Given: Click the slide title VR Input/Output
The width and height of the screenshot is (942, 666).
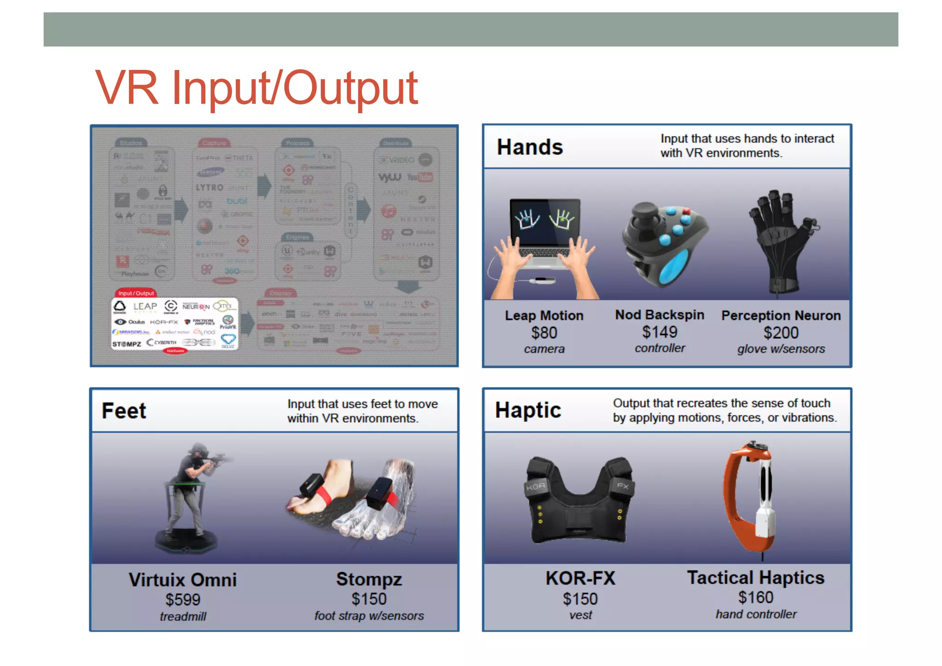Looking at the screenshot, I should (x=256, y=87).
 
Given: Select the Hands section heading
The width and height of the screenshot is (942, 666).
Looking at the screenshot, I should (x=529, y=147).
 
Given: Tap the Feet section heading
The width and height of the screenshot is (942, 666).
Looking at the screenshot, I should (x=124, y=411).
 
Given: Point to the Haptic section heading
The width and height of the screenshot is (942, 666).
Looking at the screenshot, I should (x=528, y=410).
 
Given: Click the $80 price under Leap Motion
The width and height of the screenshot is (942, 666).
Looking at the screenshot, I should (x=544, y=333).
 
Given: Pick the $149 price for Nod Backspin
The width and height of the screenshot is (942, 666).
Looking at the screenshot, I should (x=660, y=332).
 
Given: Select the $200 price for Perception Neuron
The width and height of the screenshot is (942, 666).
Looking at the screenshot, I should (x=781, y=333).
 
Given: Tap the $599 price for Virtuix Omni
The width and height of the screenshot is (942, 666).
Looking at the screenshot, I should (x=183, y=600).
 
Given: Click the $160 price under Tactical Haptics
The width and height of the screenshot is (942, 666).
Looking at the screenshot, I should (x=756, y=597).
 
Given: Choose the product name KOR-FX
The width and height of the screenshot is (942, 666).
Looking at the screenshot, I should (x=580, y=578).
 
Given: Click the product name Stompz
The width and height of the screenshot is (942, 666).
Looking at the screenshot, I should (x=369, y=579).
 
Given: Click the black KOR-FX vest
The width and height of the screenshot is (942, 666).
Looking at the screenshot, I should (x=580, y=502).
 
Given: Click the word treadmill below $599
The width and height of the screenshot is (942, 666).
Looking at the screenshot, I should (x=183, y=616).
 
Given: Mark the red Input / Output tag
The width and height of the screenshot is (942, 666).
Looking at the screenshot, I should (x=136, y=293).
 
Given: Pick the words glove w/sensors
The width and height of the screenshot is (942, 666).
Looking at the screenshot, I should (x=781, y=349).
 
